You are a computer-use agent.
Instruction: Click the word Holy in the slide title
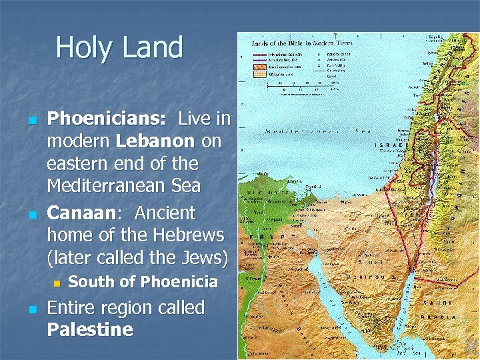[79, 48]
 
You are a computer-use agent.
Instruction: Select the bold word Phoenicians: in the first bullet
[107, 119]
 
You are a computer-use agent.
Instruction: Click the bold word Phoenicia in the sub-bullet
[181, 282]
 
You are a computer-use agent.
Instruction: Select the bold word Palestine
[90, 330]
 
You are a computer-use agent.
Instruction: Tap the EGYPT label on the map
[269, 237]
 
